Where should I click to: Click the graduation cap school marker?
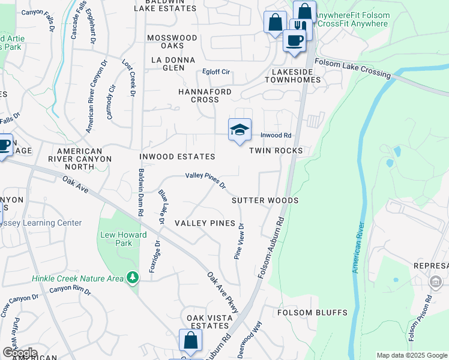click(239, 130)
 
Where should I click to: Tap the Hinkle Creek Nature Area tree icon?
click(133, 278)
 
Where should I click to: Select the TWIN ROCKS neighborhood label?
click(276, 151)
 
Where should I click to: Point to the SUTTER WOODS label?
click(265, 200)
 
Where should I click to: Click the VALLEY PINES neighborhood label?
click(205, 223)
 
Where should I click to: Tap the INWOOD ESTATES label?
click(177, 157)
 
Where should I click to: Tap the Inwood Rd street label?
click(276, 136)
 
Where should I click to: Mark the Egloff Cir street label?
click(216, 72)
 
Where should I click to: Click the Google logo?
click(20, 353)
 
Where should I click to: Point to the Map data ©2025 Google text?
click(412, 355)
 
